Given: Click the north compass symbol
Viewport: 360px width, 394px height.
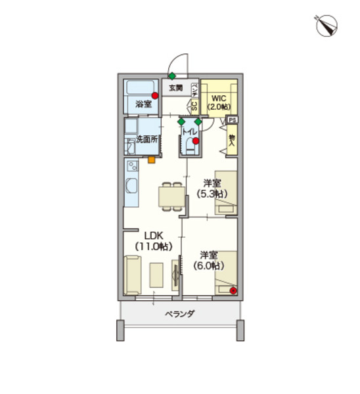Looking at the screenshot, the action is point(326,26).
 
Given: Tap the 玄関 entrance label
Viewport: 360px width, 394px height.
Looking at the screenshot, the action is point(175,88).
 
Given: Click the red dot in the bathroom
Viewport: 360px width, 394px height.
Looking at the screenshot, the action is point(155,95).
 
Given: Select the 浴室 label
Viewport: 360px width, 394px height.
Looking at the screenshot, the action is point(144,104).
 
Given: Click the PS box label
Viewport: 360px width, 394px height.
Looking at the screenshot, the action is point(233,120).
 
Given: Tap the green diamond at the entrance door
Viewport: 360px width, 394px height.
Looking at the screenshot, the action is point(172,76).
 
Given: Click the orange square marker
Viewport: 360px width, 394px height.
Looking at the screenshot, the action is point(151,160).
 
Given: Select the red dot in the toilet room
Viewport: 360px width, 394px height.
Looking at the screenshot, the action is point(196,141).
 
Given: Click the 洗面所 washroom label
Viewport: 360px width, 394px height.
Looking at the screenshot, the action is point(146,139).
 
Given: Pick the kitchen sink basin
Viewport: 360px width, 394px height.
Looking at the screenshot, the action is point(131,186).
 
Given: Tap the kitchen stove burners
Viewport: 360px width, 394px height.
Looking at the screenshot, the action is point(132,166).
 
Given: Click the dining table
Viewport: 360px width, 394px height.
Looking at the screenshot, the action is point(172,197).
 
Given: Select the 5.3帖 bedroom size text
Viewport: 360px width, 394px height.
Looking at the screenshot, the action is point(212,194).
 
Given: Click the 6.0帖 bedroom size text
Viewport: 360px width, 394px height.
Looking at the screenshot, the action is point(209,265).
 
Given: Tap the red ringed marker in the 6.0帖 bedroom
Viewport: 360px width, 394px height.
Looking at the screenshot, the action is point(234,291).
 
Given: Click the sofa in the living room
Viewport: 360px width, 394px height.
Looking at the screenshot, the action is point(133,275).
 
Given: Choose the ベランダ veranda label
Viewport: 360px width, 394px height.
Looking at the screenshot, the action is point(180,314).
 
